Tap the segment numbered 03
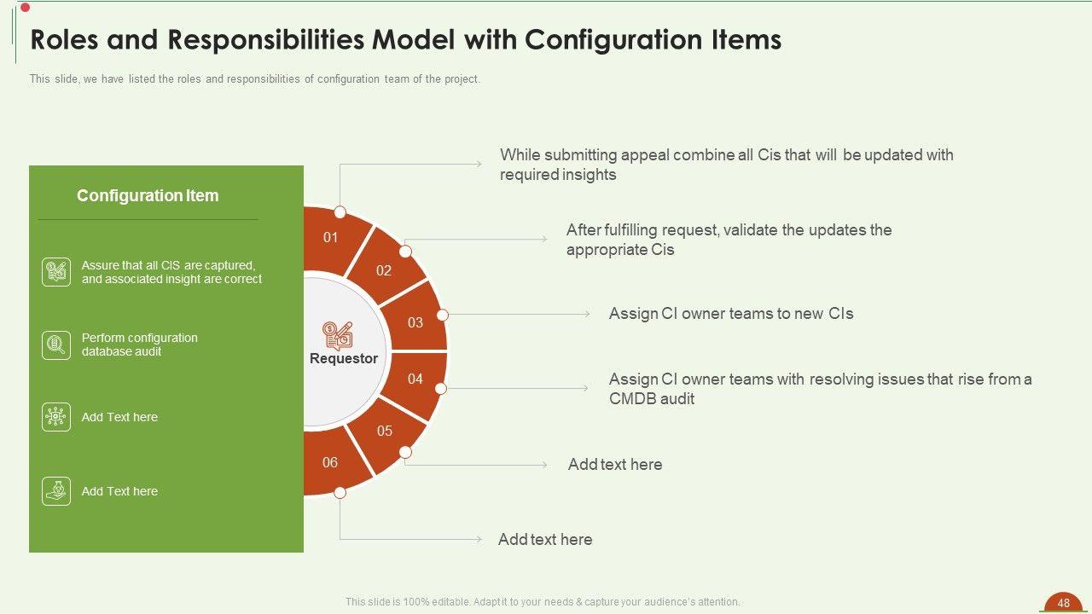click(415, 319)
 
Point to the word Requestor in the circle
click(344, 359)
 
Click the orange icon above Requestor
click(337, 336)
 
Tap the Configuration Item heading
click(148, 195)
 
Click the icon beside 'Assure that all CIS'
click(56, 272)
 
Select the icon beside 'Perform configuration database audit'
click(56, 345)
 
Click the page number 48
click(1064, 603)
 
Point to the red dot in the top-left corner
click(26, 8)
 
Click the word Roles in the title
click(64, 39)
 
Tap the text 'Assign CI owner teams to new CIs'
click(731, 313)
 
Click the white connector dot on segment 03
click(442, 316)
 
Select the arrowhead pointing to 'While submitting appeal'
click(479, 165)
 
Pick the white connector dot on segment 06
click(340, 493)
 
